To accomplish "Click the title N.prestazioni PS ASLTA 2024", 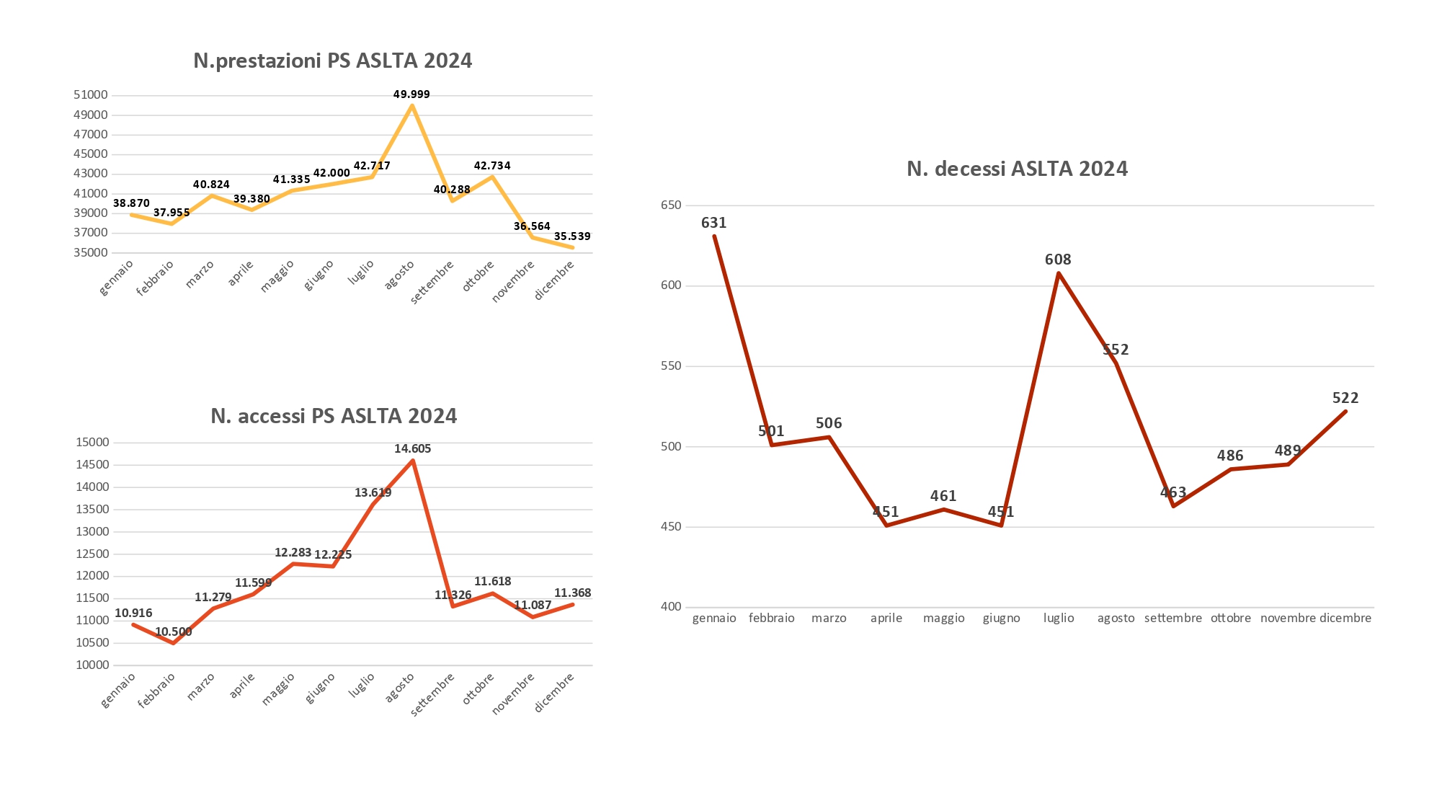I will click(x=332, y=61).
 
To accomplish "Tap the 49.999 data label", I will click(x=411, y=94).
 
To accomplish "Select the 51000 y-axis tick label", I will click(x=91, y=95).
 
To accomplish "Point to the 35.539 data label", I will click(x=572, y=236).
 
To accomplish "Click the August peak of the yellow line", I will click(x=411, y=105).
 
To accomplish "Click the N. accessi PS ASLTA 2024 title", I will click(x=334, y=416).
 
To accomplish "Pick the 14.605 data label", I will click(x=412, y=448).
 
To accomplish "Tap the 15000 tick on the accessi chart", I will click(x=92, y=443).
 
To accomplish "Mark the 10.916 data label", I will click(x=133, y=613).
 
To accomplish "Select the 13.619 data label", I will click(x=373, y=493).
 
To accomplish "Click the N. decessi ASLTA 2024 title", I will click(x=1017, y=169).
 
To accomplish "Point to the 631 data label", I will click(x=713, y=223).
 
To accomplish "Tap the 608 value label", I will click(x=1058, y=260).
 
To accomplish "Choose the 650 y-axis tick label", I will click(x=671, y=205).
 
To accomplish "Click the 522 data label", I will click(x=1345, y=398).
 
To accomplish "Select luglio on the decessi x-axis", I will click(x=1059, y=618).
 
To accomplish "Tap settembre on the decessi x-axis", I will click(x=1173, y=618).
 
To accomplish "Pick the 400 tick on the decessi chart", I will click(x=671, y=607).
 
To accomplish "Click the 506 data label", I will click(x=829, y=423).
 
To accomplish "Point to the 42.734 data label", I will click(x=492, y=166).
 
